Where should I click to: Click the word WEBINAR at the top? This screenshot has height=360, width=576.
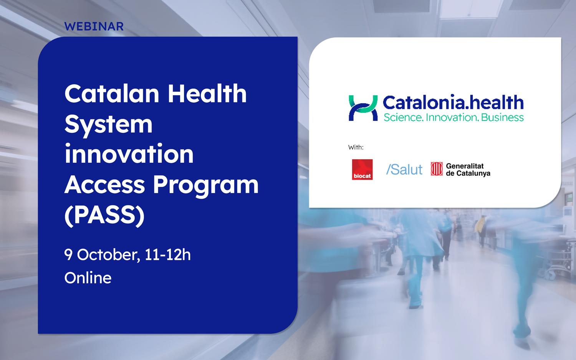click(94, 26)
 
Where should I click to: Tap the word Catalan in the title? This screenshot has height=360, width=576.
click(112, 94)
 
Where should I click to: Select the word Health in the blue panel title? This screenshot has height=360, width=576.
click(207, 94)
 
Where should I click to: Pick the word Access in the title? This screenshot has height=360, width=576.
click(105, 185)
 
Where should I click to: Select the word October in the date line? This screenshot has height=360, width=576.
click(108, 255)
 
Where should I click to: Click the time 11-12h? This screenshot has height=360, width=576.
click(168, 254)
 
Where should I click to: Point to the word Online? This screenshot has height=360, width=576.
click(88, 278)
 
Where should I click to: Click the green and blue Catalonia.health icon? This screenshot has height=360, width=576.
click(363, 108)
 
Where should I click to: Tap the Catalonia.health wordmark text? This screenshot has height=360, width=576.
click(454, 103)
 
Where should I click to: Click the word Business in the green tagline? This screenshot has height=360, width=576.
click(502, 117)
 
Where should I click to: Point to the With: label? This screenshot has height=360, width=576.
click(356, 147)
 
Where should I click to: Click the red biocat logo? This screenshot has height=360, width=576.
click(362, 170)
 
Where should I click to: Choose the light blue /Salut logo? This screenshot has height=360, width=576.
click(404, 170)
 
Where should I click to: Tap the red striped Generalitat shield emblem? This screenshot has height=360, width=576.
click(437, 169)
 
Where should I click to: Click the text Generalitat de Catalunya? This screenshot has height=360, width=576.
click(468, 170)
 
